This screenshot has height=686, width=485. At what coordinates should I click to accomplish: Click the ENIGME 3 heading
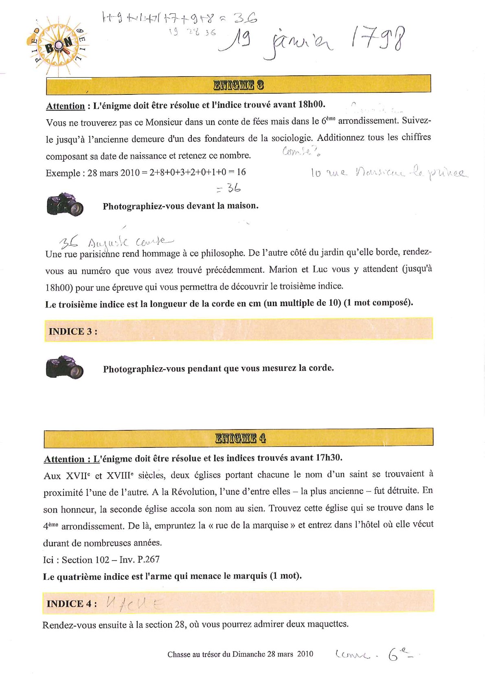point(238,85)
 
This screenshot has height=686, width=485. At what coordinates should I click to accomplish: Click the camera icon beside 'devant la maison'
point(65,204)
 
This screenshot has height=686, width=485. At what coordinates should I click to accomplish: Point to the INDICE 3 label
point(73,331)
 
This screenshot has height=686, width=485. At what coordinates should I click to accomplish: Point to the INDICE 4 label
point(72,603)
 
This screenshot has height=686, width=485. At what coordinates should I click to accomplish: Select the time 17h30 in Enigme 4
point(329,458)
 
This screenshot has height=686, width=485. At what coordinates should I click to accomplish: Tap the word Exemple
point(63,173)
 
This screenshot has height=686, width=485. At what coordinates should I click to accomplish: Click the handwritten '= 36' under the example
point(228,188)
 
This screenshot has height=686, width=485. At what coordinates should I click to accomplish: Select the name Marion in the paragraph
point(283,269)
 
